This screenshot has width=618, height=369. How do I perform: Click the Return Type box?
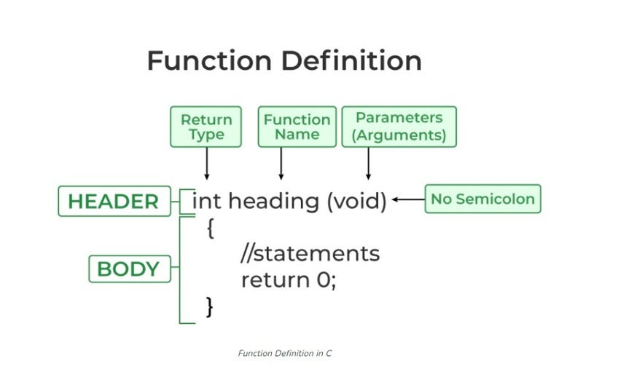tap(206, 127)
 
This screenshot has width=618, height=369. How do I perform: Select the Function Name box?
tap(297, 127)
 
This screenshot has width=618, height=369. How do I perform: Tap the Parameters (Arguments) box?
tap(399, 127)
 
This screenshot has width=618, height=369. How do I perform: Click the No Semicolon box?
tap(482, 199)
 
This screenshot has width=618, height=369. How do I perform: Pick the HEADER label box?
tap(114, 201)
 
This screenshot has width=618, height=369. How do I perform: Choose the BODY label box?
tap(130, 269)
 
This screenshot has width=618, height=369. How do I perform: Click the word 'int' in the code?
tap(206, 201)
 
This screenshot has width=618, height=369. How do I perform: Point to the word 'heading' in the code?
tap(274, 202)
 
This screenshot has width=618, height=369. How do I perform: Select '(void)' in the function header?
tap(357, 202)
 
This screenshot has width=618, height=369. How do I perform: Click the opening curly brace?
tap(211, 229)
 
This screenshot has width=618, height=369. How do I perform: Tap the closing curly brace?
tap(210, 307)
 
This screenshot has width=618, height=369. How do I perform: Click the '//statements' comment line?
tap(310, 253)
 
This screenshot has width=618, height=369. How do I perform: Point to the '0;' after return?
tap(326, 280)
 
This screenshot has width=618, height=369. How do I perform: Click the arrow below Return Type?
tap(206, 164)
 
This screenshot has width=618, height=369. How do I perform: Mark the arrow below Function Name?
tap(281, 164)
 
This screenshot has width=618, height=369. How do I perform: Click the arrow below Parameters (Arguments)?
tap(368, 164)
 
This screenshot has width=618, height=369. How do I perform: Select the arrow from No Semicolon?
tap(408, 199)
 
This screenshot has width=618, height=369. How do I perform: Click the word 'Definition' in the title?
tap(351, 60)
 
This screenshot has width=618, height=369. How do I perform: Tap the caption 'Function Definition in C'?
tap(284, 353)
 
